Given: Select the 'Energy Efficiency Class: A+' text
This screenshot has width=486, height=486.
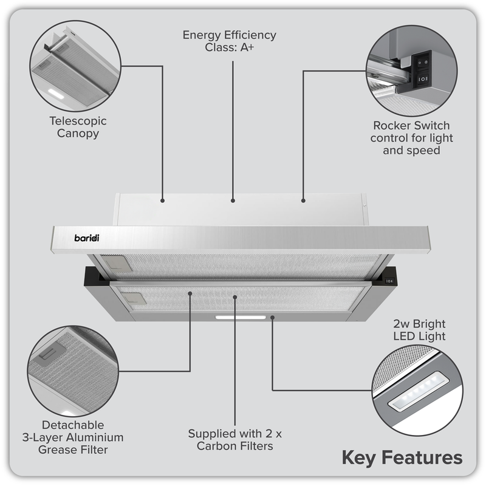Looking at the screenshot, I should tap(230, 41).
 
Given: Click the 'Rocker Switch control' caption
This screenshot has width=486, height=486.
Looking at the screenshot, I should tap(412, 137).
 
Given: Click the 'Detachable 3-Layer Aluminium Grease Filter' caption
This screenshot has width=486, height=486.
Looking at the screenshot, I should tap(73, 437).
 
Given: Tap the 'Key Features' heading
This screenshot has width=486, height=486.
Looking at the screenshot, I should tap(402, 457).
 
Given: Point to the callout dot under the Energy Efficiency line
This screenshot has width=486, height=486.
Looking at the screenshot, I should tap(233, 199).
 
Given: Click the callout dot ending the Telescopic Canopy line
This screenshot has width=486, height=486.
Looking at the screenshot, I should tap(163, 199).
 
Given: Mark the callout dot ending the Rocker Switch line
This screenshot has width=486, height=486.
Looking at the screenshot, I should tap(303, 199).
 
